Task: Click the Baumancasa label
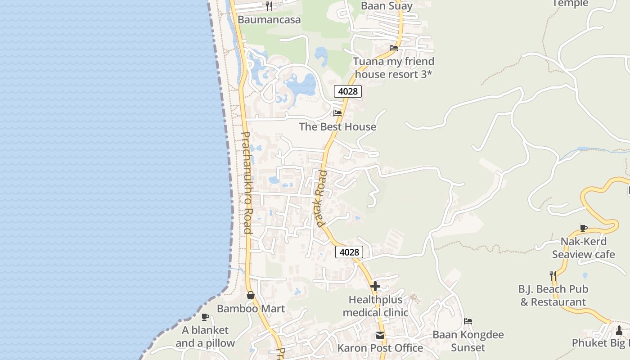269,20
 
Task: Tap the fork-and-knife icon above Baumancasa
269,6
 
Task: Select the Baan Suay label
387,6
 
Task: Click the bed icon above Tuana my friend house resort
394,48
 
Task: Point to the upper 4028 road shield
348,91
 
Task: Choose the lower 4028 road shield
349,252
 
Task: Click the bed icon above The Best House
337,113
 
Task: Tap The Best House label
337,127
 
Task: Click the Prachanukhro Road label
247,182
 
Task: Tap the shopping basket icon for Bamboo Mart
251,295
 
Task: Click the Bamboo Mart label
251,309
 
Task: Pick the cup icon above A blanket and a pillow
205,317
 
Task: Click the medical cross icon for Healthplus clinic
375,286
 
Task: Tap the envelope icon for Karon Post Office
380,335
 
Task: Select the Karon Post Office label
380,348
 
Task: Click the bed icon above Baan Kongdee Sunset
468,321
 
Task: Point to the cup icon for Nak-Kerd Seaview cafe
584,228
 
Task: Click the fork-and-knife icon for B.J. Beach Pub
553,275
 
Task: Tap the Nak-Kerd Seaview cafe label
583,248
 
